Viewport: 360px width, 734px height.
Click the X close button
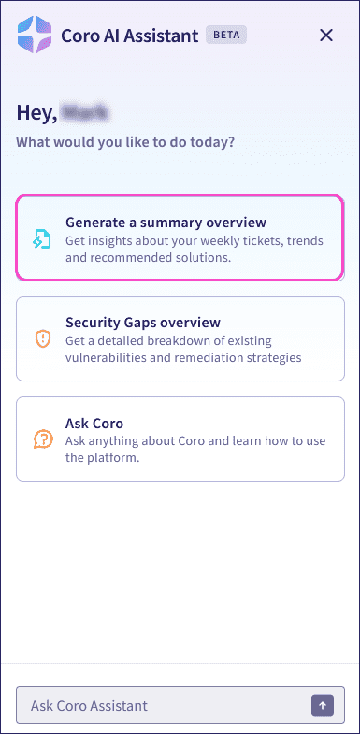(x=326, y=36)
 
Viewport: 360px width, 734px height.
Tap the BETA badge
(x=226, y=36)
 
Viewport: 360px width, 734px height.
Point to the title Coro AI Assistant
(x=129, y=36)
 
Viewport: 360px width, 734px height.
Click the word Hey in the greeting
(x=35, y=113)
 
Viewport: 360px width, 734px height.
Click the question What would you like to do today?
(x=125, y=142)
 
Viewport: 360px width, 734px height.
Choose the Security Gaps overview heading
(x=143, y=323)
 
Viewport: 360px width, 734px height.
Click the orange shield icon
(x=42, y=338)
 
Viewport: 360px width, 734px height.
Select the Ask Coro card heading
(x=90, y=423)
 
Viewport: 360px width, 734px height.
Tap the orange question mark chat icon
(x=42, y=439)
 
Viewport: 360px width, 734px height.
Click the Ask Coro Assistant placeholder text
(x=89, y=705)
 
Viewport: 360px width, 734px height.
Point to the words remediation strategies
(x=260, y=357)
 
